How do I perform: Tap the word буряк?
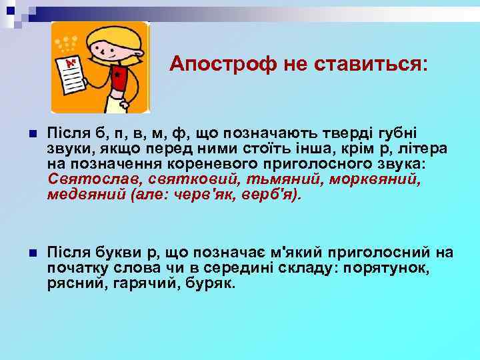pos(212,283)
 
